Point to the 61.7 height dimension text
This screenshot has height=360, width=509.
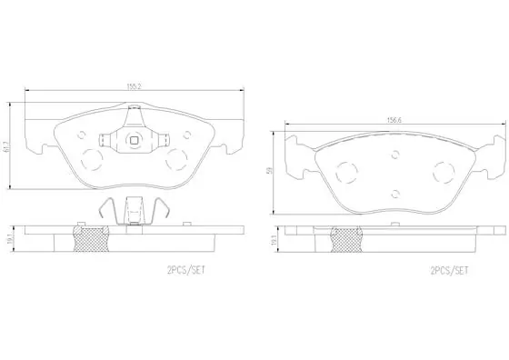coord(7,146)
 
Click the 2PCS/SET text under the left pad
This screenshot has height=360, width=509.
coord(186,270)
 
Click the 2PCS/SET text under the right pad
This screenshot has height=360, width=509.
coord(449,270)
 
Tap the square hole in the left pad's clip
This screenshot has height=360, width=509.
coord(134,140)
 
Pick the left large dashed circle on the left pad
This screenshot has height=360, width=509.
coord(92,159)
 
